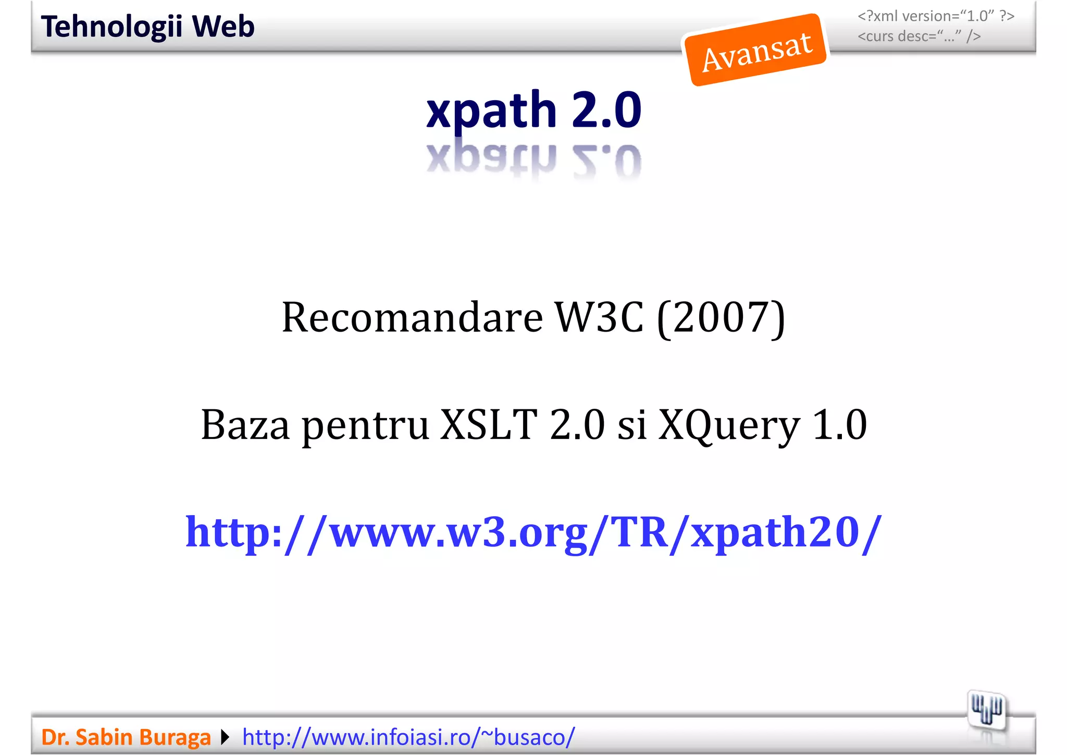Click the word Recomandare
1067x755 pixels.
(412, 318)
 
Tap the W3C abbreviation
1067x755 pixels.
(599, 318)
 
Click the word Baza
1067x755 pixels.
(245, 425)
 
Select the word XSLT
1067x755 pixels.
(488, 425)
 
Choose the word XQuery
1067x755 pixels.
(729, 425)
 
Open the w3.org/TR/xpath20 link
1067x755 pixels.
(533, 532)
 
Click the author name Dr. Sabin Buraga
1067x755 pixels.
(126, 737)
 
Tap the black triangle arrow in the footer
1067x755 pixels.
(225, 737)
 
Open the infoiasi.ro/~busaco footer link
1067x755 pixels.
(408, 737)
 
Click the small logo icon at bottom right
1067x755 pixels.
(986, 710)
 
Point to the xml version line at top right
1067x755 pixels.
(936, 16)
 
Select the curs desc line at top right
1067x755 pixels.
(919, 36)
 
